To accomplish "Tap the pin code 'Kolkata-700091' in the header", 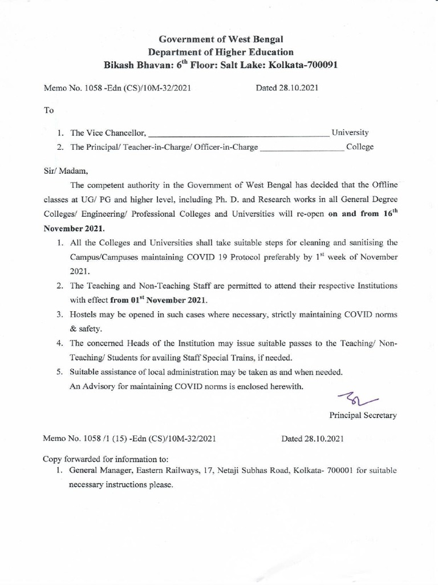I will point(303,65).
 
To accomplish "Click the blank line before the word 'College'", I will point(302,147).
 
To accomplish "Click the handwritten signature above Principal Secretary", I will point(354,397).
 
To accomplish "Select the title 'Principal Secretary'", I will point(363,415).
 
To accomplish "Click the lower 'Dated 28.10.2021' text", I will point(313,439).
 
